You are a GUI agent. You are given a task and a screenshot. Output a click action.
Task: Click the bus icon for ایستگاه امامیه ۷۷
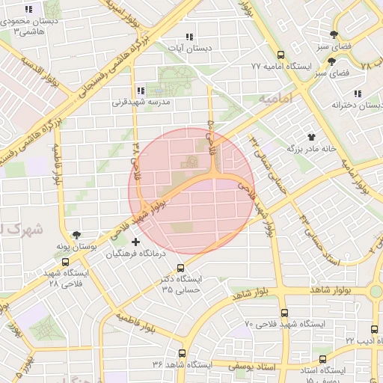(x=281, y=55)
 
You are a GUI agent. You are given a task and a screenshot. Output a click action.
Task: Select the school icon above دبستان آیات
(x=189, y=37)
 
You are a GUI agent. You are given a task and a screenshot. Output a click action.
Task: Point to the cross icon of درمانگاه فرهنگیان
(x=135, y=242)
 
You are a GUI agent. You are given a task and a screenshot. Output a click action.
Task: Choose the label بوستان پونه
(x=76, y=246)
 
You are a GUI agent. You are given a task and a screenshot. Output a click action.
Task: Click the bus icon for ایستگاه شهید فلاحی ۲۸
(x=66, y=263)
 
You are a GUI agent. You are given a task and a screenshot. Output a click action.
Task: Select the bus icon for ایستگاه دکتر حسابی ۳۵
(x=180, y=268)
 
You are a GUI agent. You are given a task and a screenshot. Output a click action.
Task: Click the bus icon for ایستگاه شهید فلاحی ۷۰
(x=284, y=313)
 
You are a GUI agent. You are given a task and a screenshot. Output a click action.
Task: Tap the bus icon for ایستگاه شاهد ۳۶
(x=182, y=352)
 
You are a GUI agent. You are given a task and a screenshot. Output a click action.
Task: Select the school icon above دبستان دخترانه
(x=358, y=94)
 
